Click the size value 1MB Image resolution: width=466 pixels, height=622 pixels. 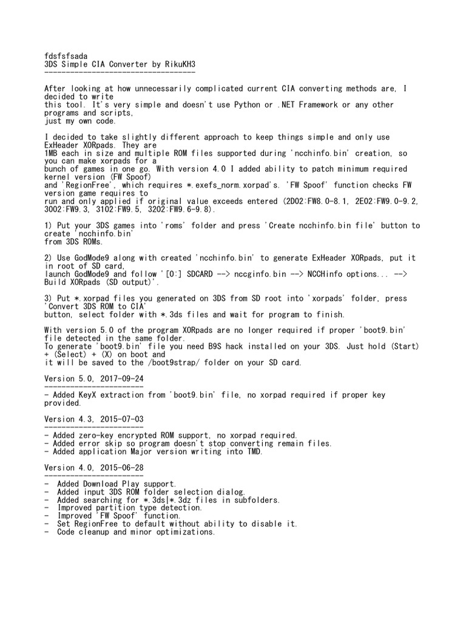pos(53,153)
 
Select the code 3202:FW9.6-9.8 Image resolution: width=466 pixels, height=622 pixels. pos(165,210)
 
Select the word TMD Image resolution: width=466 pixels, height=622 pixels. pos(253,451)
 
